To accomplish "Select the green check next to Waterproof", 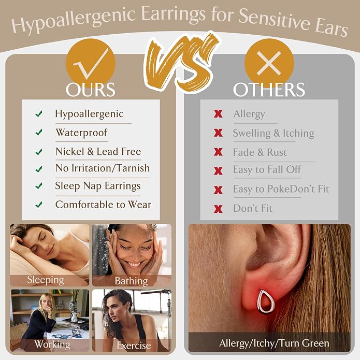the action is click(x=39, y=132).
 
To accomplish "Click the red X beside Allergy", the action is click(x=218, y=113).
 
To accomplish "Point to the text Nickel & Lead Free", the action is click(x=98, y=152).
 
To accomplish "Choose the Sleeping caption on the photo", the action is click(x=46, y=280).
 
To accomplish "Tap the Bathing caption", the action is click(x=132, y=281).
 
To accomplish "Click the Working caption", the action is click(x=52, y=344).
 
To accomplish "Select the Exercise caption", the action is click(x=134, y=345).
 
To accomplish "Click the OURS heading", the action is click(x=91, y=90).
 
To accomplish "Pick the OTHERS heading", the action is click(x=269, y=90).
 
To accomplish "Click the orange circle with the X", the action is click(x=269, y=63).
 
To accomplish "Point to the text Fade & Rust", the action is click(x=260, y=152).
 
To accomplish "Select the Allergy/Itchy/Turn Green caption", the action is click(x=274, y=343).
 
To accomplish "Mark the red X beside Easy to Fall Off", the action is click(x=218, y=171).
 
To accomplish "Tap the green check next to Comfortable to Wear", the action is click(x=39, y=204).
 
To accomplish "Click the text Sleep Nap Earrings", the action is click(x=98, y=186).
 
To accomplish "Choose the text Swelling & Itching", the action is click(x=273, y=134).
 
